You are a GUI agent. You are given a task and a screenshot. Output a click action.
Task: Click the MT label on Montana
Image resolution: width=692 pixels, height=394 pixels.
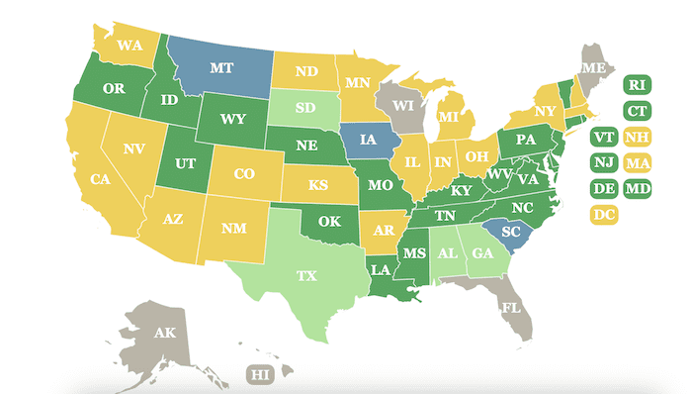tap(220, 70)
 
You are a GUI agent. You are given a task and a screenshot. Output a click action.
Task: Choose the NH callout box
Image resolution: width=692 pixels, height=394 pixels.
tap(636, 137)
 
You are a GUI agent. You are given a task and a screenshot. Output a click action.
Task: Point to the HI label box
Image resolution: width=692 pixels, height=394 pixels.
tap(260, 375)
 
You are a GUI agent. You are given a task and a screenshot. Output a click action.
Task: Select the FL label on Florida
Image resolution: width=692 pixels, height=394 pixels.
tap(510, 307)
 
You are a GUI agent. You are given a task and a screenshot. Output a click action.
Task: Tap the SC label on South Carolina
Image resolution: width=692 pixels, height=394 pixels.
tap(510, 232)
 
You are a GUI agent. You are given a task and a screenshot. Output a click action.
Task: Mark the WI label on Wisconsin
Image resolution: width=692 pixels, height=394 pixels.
tap(402, 103)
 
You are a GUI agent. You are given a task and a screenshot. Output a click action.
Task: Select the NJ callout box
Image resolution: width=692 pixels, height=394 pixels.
tap(602, 162)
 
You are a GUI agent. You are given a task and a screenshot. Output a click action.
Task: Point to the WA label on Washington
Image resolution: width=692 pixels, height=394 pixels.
tap(130, 46)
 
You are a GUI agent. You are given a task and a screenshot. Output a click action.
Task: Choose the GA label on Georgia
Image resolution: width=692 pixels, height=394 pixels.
tap(482, 252)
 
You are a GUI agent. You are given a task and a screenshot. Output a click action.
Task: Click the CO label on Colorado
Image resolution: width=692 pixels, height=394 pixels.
tap(244, 174)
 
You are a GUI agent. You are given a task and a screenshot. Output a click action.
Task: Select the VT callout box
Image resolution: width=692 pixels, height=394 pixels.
tap(602, 137)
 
